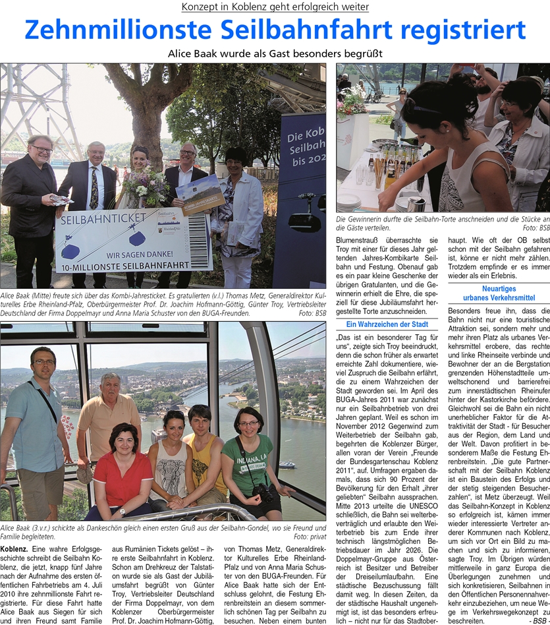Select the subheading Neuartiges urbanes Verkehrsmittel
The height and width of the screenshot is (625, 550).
pyautogui.click(x=498, y=293)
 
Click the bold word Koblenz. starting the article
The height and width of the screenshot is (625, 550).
pyautogui.click(x=14, y=529)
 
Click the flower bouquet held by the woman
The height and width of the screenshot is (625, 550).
pyautogui.click(x=148, y=185)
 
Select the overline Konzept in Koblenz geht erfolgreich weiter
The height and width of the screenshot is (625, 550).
pyautogui.click(x=275, y=7)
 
